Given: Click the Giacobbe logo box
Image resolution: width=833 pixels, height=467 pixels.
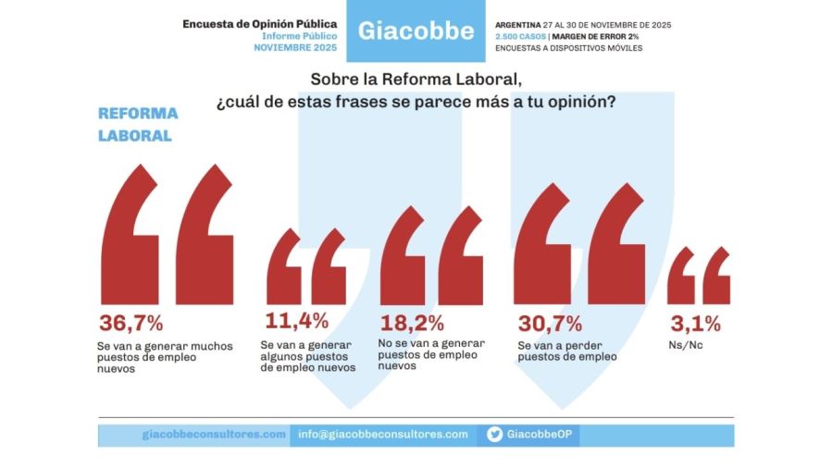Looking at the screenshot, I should (416, 31).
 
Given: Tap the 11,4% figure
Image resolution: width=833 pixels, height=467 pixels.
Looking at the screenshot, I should (296, 321).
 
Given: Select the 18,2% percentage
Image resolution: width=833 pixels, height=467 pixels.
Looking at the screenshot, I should (412, 323).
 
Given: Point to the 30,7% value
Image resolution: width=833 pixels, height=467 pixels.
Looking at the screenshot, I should (550, 323).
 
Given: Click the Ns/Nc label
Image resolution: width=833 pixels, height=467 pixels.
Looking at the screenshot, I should (683, 345).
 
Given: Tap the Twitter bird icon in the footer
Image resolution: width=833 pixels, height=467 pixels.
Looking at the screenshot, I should (495, 435).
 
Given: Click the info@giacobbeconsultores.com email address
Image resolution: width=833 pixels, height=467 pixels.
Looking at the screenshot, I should (382, 435).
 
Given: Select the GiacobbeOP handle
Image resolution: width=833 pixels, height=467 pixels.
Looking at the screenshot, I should (541, 435).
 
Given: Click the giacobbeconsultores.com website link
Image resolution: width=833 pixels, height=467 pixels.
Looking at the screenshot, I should (214, 435).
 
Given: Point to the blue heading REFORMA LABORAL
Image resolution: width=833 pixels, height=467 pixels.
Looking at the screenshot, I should (138, 125).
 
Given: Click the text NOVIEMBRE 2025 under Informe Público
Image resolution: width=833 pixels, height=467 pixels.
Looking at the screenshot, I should (295, 47).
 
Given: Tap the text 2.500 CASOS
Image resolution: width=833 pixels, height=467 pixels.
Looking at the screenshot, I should (520, 36).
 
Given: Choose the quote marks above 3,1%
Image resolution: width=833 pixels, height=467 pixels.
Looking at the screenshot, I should (699, 276).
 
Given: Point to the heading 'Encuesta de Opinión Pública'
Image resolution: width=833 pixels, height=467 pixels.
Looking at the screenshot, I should (259, 23).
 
